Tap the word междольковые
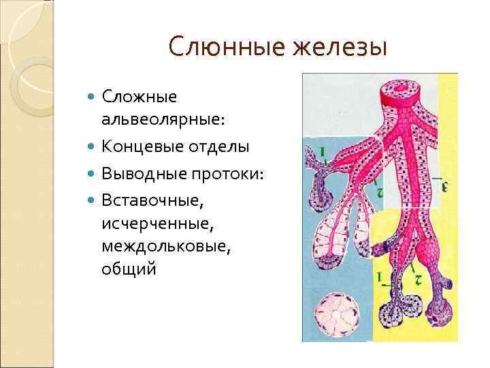pyautogui.click(x=166, y=246)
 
